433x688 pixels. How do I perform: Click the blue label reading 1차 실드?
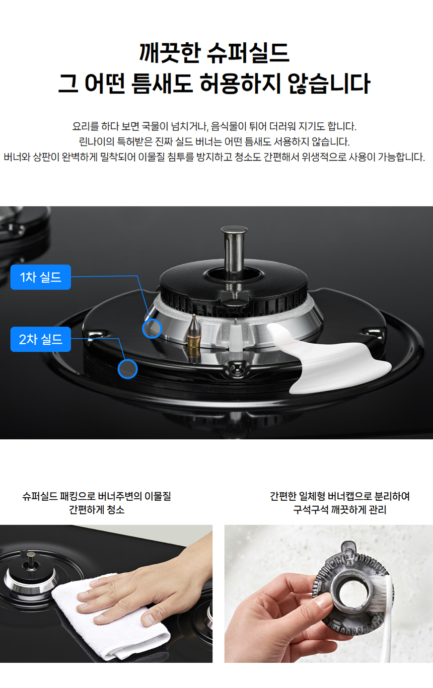click(41, 277)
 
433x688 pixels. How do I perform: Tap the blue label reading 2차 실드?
click(41, 339)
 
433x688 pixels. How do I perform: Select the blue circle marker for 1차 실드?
click(152, 329)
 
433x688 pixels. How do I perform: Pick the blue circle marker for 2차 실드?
click(127, 369)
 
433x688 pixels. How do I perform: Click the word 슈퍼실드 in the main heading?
click(248, 53)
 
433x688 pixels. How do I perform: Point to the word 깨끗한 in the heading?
click(170, 53)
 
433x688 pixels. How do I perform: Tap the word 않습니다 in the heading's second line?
click(329, 84)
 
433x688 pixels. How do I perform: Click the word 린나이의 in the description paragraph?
click(97, 141)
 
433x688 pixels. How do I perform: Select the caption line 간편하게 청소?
click(97, 509)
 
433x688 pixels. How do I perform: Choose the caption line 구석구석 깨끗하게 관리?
click(339, 509)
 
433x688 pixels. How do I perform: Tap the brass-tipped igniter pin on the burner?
click(194, 332)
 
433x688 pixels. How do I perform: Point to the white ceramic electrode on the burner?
click(236, 337)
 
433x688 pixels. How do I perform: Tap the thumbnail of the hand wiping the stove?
click(106, 594)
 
